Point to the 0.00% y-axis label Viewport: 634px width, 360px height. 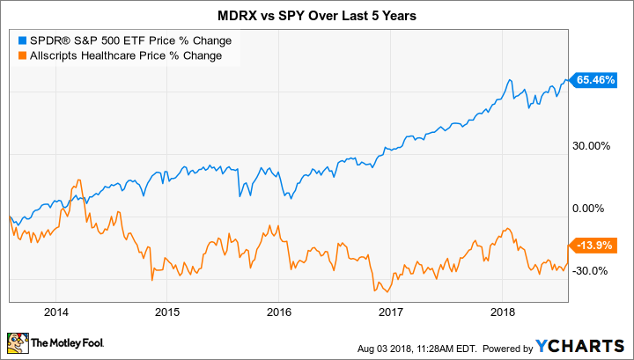pyautogui.click(x=595, y=209)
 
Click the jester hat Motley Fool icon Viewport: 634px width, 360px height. pyautogui.click(x=18, y=341)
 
